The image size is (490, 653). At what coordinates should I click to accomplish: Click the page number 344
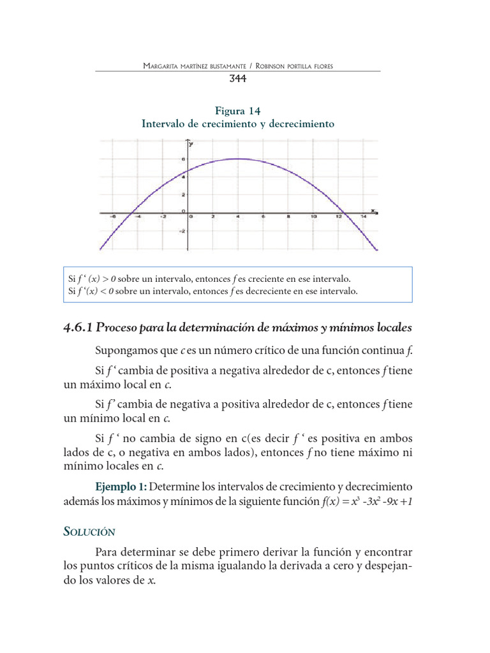pos(237,79)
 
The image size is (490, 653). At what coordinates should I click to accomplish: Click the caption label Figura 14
pos(237,110)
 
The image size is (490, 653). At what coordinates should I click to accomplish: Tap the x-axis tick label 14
pos(362,217)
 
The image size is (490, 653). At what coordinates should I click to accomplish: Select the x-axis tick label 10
pos(314,217)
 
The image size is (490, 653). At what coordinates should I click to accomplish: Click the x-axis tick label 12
pos(339,217)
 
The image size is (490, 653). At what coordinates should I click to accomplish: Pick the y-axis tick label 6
pos(184,159)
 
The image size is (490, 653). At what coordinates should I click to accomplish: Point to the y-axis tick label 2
pos(184,194)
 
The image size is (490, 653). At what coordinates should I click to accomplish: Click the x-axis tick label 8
pos(288,217)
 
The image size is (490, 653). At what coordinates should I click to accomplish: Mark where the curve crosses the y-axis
pos(188,171)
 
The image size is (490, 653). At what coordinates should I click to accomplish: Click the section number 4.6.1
pos(78,327)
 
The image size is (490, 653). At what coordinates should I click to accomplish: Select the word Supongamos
pos(123,351)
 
